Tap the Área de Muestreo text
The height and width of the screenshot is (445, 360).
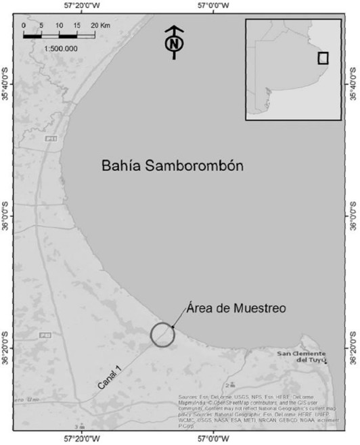pyautogui.click(x=235, y=308)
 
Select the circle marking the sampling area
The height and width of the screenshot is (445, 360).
pyautogui.click(x=162, y=335)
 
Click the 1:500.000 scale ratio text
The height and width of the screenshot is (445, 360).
pyautogui.click(x=61, y=49)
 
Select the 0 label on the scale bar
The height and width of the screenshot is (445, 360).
pyautogui.click(x=24, y=25)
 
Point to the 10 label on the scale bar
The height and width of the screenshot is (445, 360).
pyautogui.click(x=60, y=25)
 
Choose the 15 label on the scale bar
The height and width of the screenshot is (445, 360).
pyautogui.click(x=78, y=25)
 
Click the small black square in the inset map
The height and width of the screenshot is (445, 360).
pyautogui.click(x=323, y=57)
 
